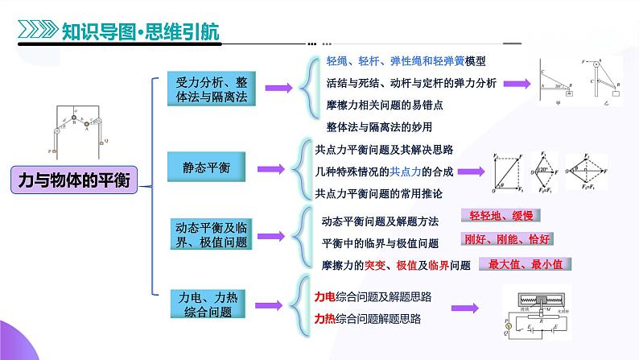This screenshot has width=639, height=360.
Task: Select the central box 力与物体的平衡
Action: [73, 180]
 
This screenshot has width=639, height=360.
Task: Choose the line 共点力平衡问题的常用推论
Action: [378, 194]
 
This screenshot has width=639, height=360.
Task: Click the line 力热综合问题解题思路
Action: [367, 319]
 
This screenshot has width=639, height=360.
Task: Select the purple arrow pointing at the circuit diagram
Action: [466, 308]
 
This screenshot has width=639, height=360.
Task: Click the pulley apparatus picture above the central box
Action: [78, 129]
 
